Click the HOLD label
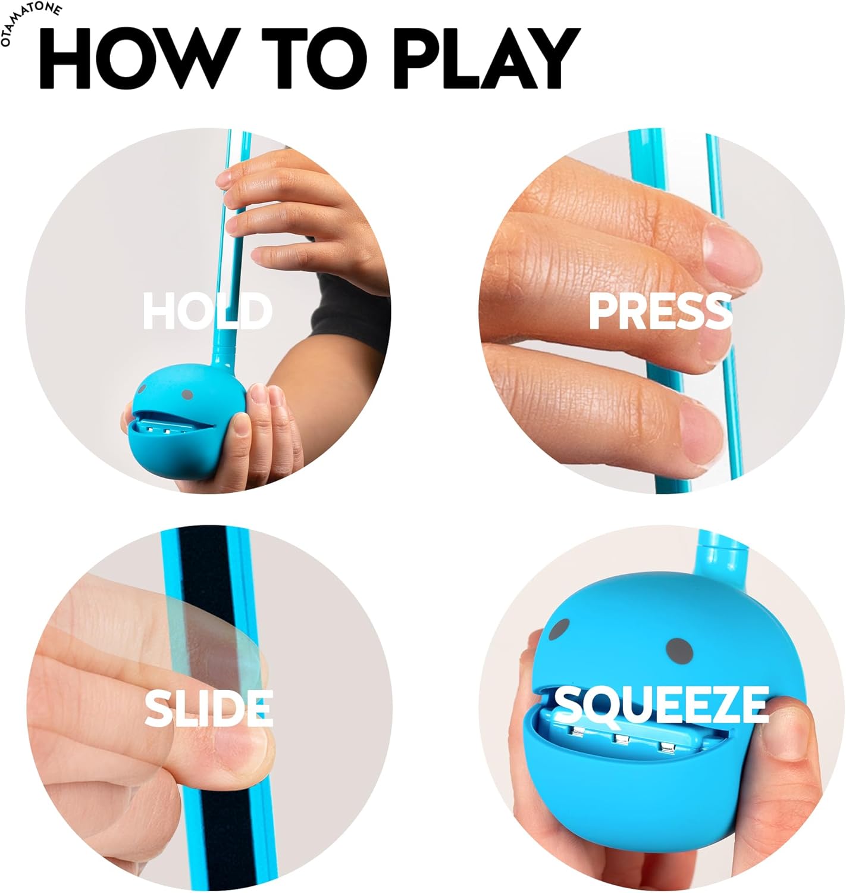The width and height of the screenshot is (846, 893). (207, 311)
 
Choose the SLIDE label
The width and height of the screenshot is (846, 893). (208, 708)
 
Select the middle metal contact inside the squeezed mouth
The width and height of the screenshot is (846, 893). (622, 740)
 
